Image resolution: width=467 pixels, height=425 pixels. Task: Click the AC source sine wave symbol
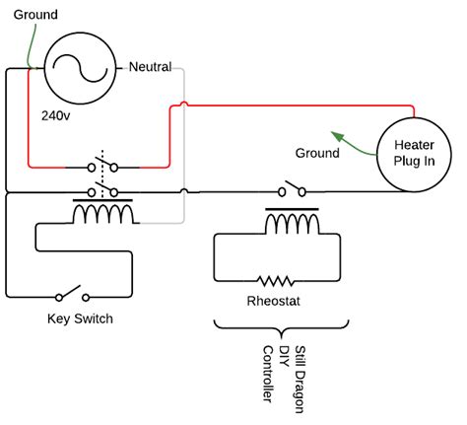point(80,68)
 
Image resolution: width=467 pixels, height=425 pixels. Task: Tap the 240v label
point(55,115)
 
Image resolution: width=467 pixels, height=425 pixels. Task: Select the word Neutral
point(150,67)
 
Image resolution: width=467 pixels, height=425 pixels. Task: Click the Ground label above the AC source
point(35,15)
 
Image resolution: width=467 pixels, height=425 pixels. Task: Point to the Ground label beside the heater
point(317,153)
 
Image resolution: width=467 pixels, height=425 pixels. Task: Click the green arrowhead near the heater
point(338,135)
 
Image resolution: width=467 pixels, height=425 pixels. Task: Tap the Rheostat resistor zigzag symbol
point(275,281)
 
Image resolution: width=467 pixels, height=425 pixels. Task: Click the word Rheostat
point(273,301)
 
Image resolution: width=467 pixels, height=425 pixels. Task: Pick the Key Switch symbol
point(72,294)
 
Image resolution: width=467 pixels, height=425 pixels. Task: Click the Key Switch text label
point(80,319)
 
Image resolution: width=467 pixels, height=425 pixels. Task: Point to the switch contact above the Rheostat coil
point(292,188)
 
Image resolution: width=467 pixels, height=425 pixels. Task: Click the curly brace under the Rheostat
point(281,328)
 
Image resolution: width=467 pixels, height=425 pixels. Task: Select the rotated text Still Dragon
point(299,379)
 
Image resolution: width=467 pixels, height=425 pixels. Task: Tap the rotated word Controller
point(268,374)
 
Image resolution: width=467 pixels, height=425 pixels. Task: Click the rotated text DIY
point(284,356)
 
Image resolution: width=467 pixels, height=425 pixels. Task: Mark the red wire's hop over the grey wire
point(184,104)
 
